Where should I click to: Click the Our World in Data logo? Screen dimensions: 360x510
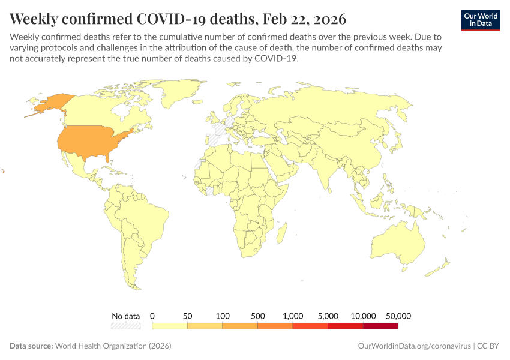click(480, 20)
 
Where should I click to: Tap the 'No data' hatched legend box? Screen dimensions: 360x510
click(125, 326)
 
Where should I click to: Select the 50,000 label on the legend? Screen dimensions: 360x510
click(398, 316)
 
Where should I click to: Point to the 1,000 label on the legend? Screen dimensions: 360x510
click(293, 316)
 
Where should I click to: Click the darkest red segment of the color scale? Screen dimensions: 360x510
click(380, 326)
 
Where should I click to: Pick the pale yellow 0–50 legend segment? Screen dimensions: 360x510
click(170, 326)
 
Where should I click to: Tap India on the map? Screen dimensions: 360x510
click(327, 168)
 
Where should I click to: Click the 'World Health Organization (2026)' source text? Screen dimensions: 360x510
click(113, 346)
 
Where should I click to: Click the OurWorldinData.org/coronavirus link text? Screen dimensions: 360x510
click(413, 346)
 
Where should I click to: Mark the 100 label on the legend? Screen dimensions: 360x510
click(223, 316)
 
